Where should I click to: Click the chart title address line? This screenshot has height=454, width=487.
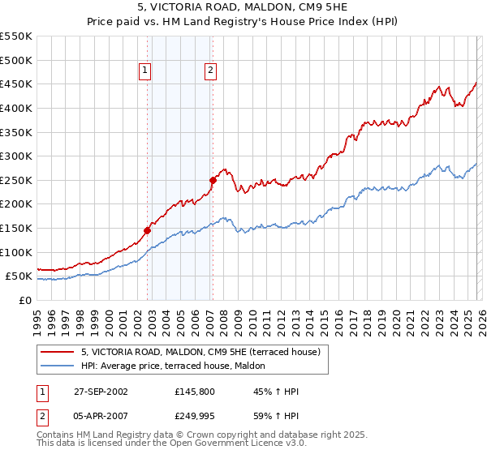[243, 7]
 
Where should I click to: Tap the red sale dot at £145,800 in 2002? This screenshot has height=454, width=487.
[148, 230]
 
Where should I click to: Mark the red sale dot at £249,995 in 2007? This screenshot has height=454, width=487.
[213, 180]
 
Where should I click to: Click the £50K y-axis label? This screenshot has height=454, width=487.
[19, 276]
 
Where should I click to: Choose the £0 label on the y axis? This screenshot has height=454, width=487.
[26, 300]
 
